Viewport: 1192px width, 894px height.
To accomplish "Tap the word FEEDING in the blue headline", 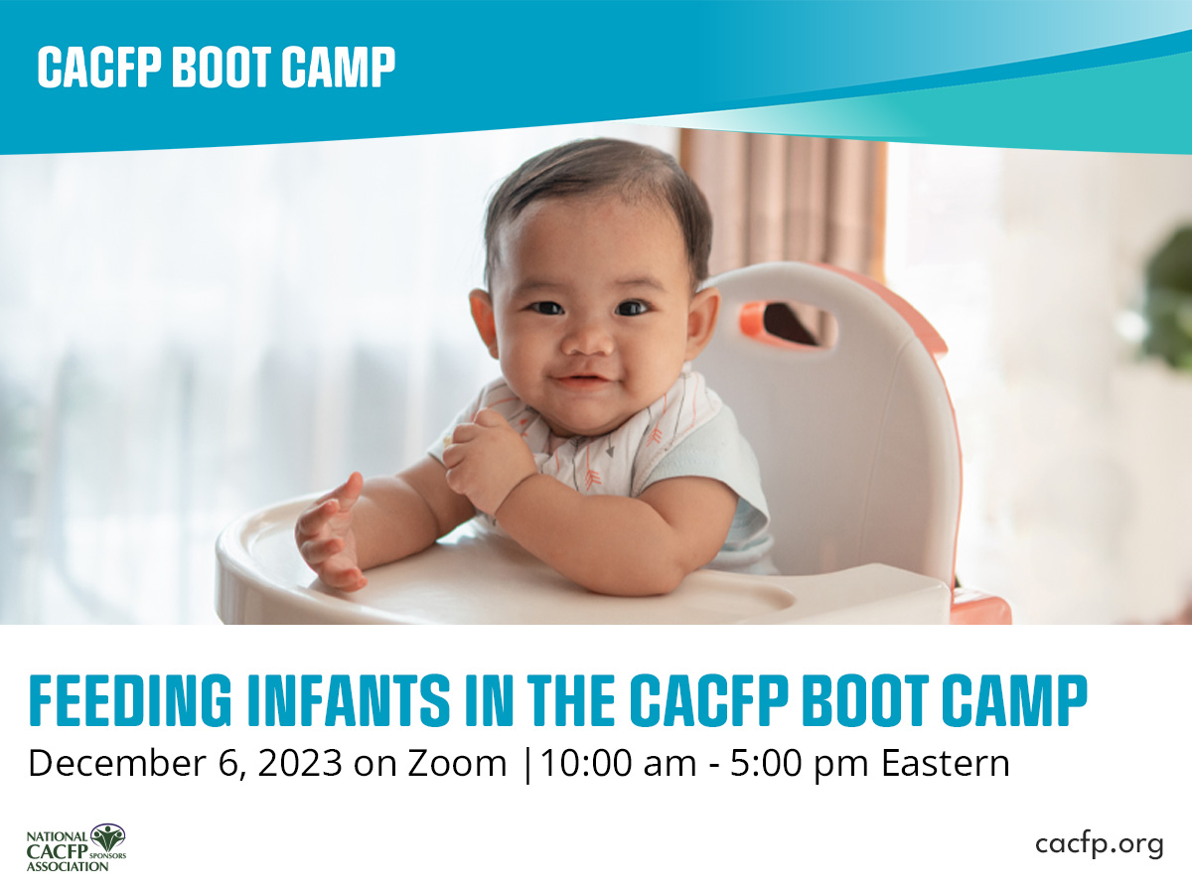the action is click(x=130, y=700).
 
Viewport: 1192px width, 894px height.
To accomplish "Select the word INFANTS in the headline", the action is click(x=350, y=700).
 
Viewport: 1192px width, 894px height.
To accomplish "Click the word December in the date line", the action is click(x=117, y=763).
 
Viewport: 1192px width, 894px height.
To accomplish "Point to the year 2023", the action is click(x=300, y=763).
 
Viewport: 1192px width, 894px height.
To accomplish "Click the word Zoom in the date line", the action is click(x=457, y=763).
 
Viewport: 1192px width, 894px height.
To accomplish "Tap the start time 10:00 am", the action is click(x=618, y=763).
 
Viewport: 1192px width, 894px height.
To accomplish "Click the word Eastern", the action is click(x=945, y=763).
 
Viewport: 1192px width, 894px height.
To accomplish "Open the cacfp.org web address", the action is click(x=1100, y=845).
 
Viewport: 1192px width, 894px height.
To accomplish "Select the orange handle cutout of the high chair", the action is click(x=788, y=323).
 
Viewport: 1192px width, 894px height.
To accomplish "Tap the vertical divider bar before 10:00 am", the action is click(x=527, y=765).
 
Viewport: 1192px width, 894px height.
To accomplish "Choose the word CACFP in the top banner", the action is click(x=100, y=67).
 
